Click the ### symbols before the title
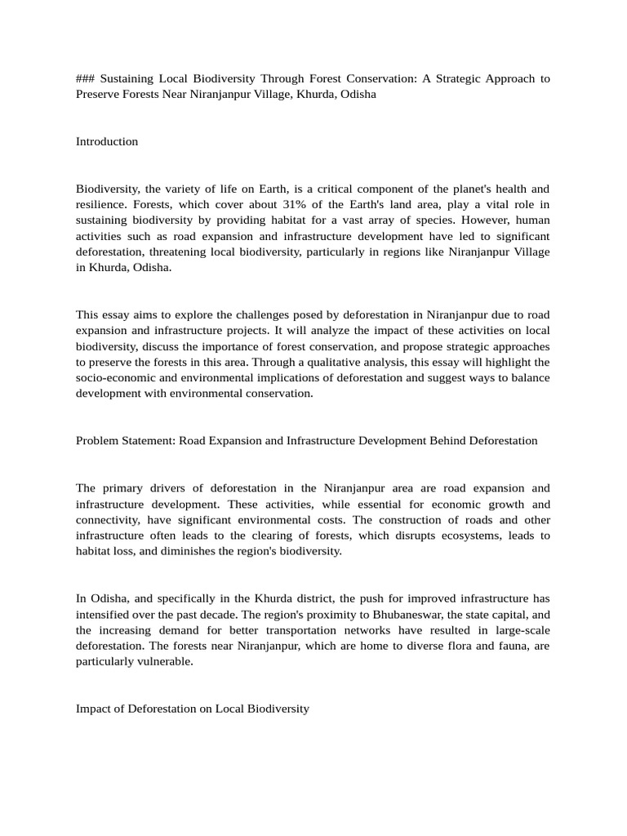click(87, 78)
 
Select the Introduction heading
click(107, 141)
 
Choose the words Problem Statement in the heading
click(126, 440)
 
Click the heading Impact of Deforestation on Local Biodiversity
click(193, 709)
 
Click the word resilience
click(102, 204)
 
